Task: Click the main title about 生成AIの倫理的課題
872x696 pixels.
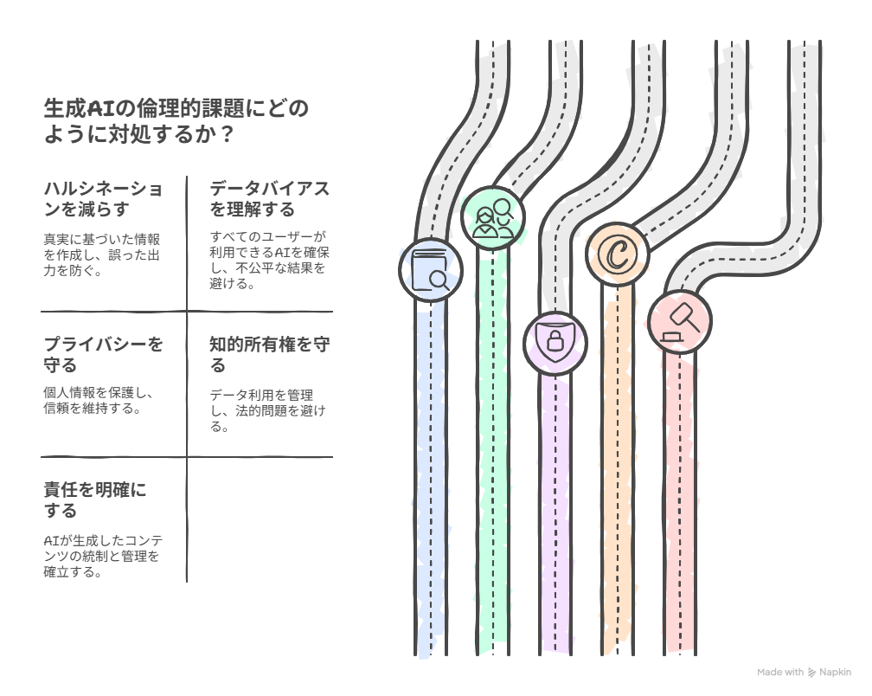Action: coord(176,120)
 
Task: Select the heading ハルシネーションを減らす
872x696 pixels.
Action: coord(104,198)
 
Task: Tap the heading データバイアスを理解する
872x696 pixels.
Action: coord(270,198)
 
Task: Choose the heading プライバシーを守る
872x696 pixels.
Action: coord(104,354)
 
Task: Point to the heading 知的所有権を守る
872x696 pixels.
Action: coord(270,354)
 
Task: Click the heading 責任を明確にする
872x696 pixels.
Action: coord(95,500)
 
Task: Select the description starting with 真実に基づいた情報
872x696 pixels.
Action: coord(102,255)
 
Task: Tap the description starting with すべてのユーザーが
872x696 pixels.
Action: coord(269,260)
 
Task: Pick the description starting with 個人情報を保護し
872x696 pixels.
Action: coord(99,400)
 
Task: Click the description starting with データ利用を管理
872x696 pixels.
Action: coord(267,410)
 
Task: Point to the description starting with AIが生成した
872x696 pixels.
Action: coord(103,556)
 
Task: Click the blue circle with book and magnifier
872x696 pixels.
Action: coord(431,270)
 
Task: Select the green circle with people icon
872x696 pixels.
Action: coord(493,218)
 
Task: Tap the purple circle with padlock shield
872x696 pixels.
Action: coord(555,344)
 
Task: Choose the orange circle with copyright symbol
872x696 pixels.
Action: coord(618,255)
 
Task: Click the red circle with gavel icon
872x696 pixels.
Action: coord(680,321)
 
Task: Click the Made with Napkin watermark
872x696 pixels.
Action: coord(804,672)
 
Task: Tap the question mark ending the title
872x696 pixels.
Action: coord(226,134)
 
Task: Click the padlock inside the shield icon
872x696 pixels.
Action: coord(555,340)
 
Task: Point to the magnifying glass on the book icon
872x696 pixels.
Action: coord(440,280)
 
